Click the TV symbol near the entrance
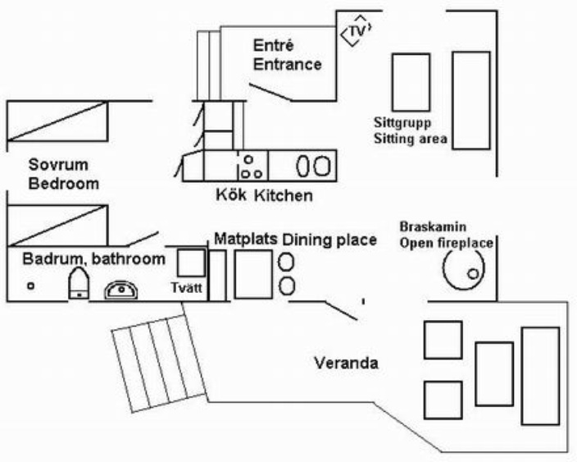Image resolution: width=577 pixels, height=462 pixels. tap(356, 31)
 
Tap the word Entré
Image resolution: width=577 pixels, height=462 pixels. tap(273, 45)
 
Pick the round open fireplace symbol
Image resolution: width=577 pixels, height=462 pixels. tap(465, 268)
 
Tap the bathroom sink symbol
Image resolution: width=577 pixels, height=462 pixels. tap(122, 289)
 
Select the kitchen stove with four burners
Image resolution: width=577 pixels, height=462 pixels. tap(251, 166)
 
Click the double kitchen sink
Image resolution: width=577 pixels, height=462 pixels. tap(311, 166)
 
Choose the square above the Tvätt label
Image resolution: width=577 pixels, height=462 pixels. tap(191, 263)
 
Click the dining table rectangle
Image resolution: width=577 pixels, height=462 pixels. tap(252, 274)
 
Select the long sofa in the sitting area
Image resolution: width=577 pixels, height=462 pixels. tap(470, 99)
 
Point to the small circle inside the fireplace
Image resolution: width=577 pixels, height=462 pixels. tap(473, 273)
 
